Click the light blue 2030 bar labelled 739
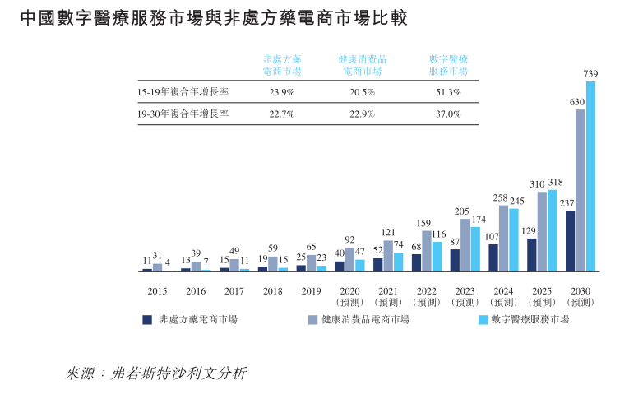coord(590,176)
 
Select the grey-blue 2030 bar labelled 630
coord(580,190)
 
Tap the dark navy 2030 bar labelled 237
coord(570,241)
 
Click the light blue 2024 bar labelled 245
coord(514,239)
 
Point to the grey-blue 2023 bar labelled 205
coord(465,245)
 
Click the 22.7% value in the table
coord(281,114)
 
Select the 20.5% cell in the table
coord(362,92)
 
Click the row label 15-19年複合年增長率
coord(183,92)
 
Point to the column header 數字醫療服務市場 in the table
coord(448,65)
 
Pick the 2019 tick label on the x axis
coord(312,290)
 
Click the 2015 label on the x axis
coord(157,290)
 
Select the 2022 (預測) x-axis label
coord(426,296)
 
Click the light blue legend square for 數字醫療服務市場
coord(483,319)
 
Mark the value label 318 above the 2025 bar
coord(555,183)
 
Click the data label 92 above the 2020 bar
coord(349,239)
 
